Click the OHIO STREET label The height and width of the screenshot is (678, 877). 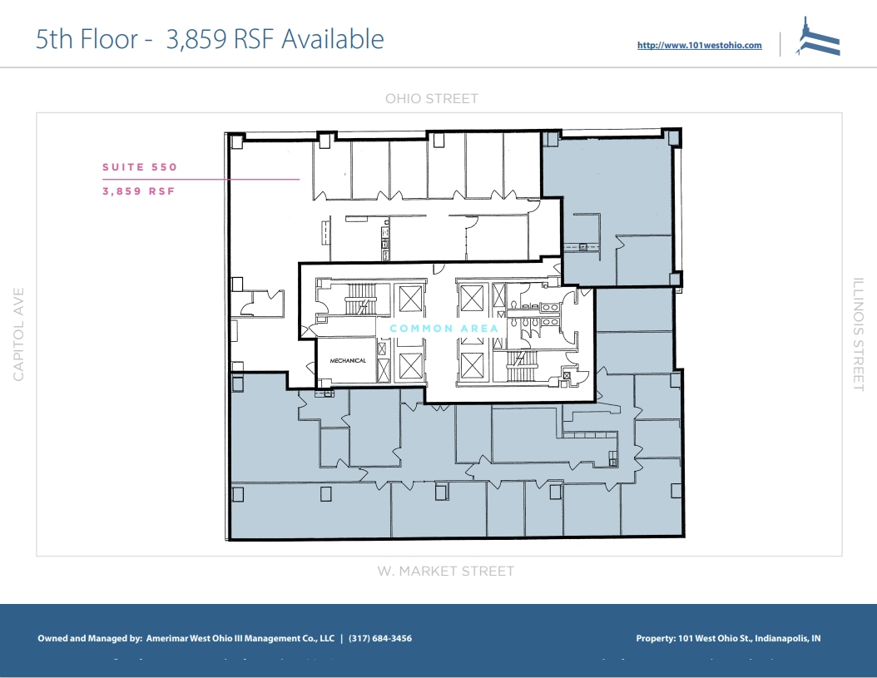click(431, 99)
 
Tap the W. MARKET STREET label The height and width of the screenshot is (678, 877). click(445, 572)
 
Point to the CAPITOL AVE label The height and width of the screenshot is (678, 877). click(19, 334)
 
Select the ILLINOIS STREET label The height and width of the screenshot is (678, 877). click(859, 334)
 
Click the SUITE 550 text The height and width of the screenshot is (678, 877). click(140, 167)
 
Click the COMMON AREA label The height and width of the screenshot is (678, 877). click(444, 329)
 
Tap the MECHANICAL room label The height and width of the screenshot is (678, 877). click(348, 361)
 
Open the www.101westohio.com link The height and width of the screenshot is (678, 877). click(699, 46)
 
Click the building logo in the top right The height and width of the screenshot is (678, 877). click(818, 38)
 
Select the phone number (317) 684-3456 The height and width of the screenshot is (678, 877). click(380, 639)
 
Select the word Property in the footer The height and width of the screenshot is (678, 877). click(655, 639)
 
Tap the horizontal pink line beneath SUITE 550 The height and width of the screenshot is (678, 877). click(200, 179)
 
